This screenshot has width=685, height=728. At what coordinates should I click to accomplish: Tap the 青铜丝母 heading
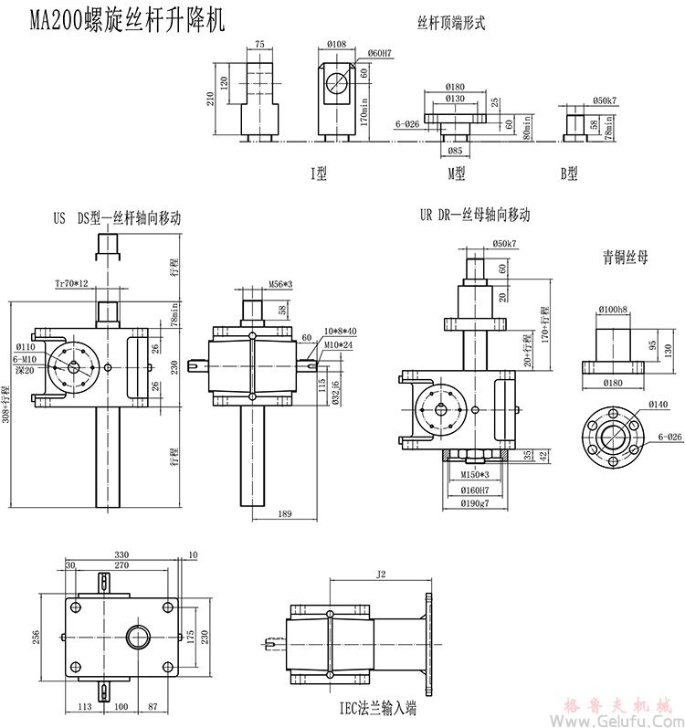625,258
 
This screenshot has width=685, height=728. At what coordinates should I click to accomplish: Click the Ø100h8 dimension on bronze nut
612,311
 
